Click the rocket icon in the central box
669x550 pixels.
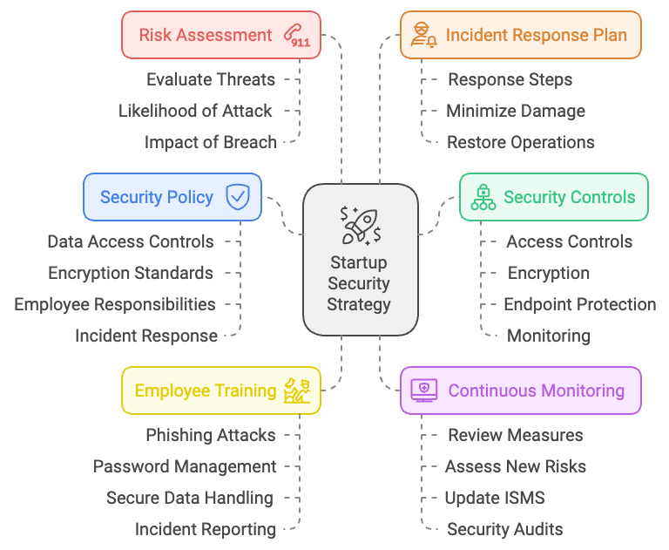359,225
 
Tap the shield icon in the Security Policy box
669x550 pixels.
237,197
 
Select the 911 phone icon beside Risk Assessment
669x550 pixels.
296,36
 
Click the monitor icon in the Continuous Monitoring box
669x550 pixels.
424,390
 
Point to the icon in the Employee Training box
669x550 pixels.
297,390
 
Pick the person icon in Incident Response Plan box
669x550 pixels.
422,36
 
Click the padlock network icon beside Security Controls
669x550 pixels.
483,197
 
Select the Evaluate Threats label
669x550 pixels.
211,79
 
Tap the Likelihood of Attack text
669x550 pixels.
195,111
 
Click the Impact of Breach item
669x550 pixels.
211,142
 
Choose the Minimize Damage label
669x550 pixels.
516,111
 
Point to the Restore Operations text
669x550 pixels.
521,142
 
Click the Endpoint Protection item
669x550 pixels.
580,304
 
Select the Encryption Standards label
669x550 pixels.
131,273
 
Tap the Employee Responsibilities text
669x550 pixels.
115,304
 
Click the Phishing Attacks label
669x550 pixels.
211,435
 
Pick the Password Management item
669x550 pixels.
185,466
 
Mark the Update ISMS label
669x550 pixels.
495,498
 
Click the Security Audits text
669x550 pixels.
505,529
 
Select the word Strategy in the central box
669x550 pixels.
359,304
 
